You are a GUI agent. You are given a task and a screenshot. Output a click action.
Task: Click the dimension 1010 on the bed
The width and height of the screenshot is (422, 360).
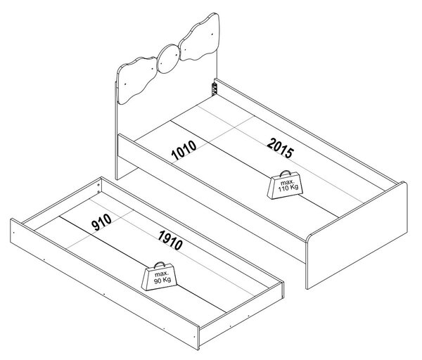[x=184, y=150]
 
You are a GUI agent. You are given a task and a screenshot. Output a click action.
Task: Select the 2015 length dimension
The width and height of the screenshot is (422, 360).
[x=280, y=148]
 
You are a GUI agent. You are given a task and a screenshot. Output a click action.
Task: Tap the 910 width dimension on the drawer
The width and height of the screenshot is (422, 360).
[x=101, y=222]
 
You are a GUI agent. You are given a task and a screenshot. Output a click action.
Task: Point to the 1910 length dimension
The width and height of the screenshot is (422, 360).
[x=170, y=240]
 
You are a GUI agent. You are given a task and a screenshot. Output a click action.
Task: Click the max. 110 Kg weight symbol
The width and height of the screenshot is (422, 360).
[x=286, y=185]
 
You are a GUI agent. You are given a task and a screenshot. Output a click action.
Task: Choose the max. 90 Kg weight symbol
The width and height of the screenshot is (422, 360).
[x=160, y=276]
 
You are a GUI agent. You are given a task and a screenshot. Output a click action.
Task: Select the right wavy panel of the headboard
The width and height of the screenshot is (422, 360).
[x=200, y=38]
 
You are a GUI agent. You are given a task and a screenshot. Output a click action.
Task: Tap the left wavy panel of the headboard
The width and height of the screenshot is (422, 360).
[x=136, y=80]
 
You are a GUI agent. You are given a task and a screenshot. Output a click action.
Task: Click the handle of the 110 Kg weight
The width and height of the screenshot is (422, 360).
[x=286, y=173]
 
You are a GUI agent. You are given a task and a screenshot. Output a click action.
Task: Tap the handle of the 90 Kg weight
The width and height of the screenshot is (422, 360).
[x=160, y=264]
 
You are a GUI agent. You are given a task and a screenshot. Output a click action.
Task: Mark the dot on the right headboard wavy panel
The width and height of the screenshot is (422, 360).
[x=212, y=35]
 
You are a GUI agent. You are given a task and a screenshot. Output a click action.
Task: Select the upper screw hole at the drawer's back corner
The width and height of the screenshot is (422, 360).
[x=98, y=185]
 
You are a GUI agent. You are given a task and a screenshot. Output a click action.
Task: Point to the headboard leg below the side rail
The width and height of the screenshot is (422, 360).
[x=125, y=168]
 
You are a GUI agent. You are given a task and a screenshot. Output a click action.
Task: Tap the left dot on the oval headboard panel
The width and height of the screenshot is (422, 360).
[x=161, y=64]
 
